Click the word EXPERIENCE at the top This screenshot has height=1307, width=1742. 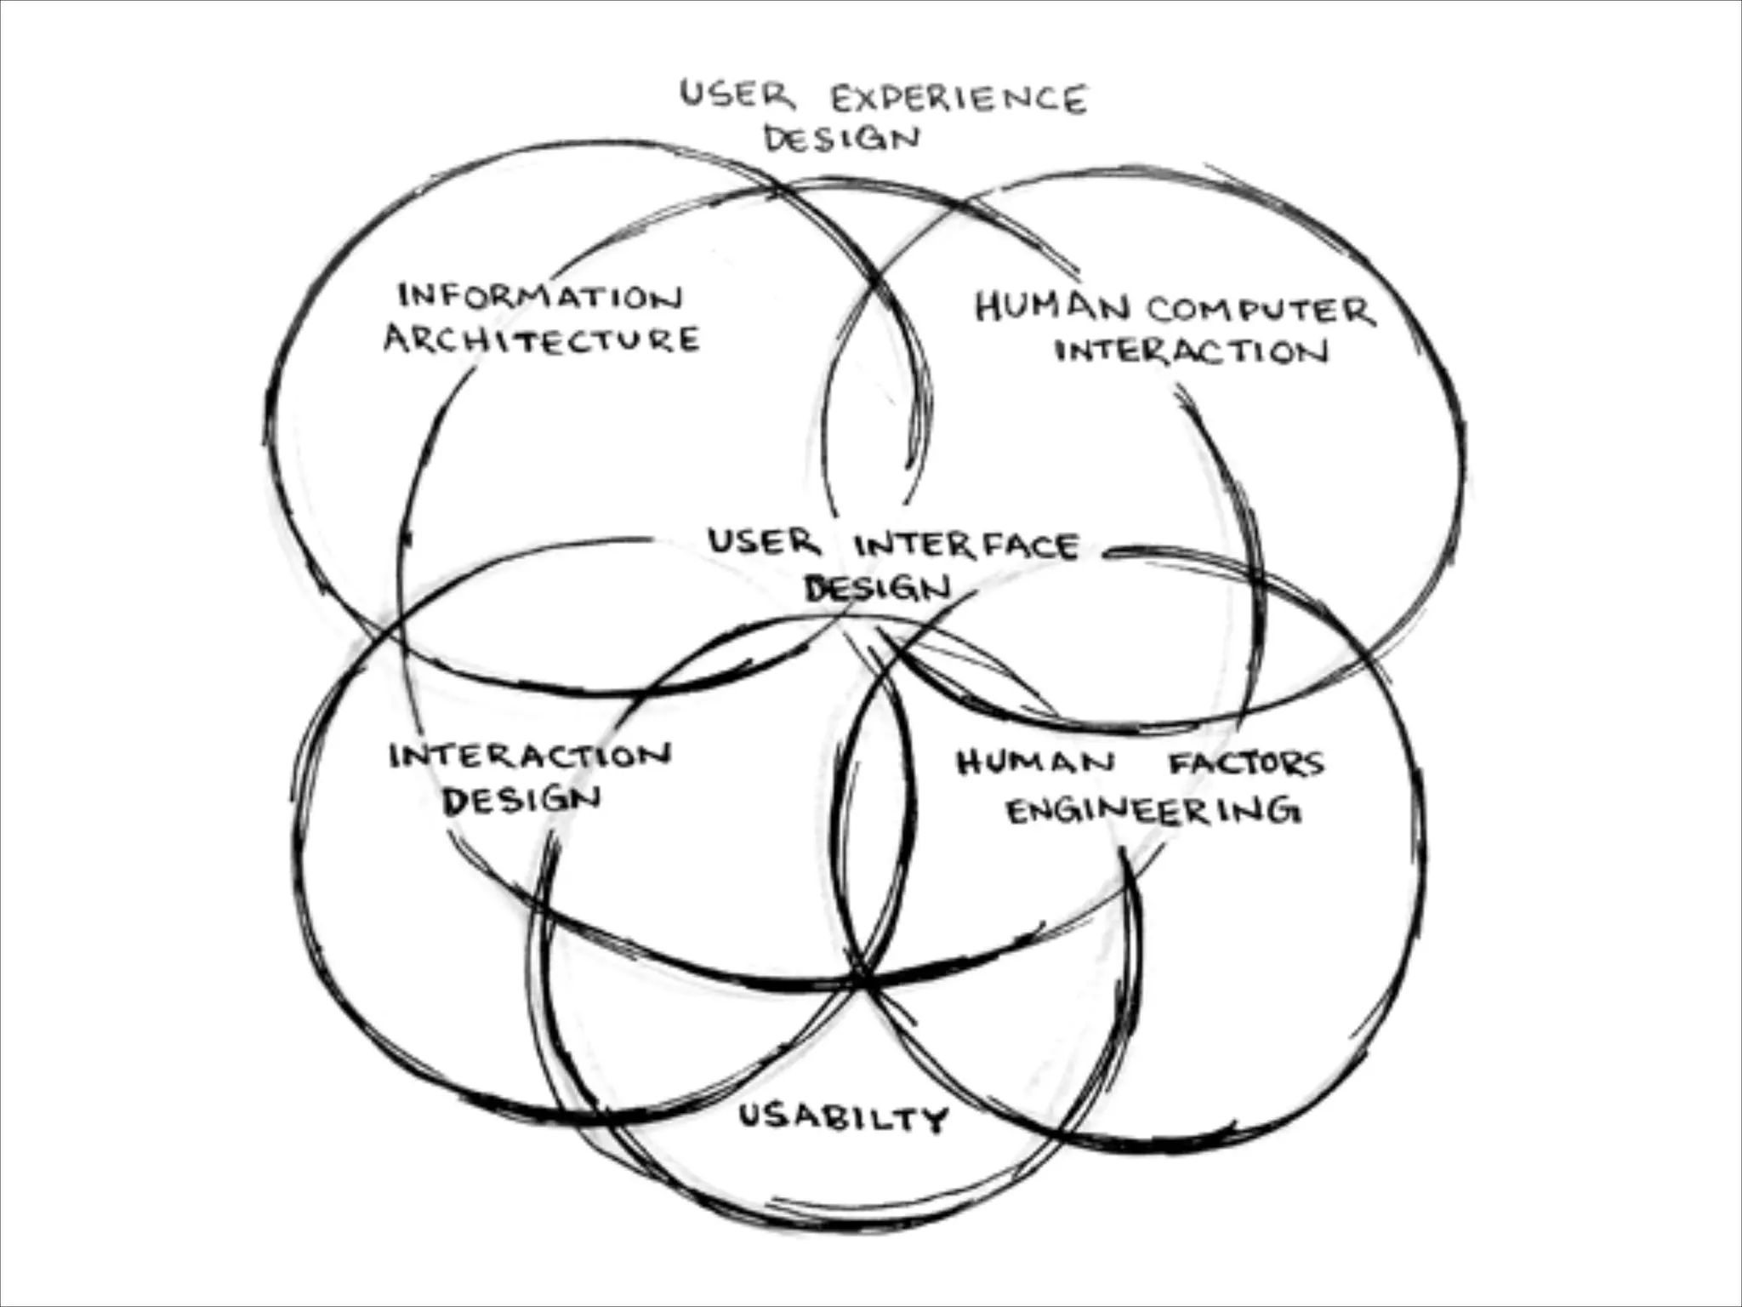point(959,100)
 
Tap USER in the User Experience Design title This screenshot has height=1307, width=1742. point(737,94)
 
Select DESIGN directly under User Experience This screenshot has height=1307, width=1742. point(841,139)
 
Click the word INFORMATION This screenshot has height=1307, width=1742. point(541,297)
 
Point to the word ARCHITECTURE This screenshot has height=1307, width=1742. point(542,340)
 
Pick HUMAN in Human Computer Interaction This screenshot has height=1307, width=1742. point(1052,307)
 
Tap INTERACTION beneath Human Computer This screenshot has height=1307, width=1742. point(1191,351)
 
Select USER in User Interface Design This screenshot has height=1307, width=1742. point(763,542)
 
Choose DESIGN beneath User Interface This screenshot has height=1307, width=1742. point(877,588)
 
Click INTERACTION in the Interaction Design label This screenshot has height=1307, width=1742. point(530,756)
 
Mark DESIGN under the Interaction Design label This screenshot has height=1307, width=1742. point(521,800)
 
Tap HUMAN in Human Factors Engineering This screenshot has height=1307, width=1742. point(1035,762)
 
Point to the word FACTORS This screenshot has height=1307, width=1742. point(1246,763)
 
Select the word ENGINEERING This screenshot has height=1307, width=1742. point(1153,812)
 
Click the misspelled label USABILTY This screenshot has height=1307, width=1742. point(843,1116)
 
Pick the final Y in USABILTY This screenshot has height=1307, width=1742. point(934,1120)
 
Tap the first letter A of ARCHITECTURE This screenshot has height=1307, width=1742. point(398,340)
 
